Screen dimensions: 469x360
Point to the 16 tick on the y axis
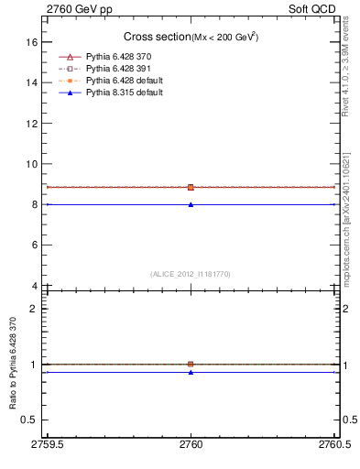point(31,42)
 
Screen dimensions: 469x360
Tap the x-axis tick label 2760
point(191,445)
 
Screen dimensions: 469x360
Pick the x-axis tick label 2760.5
point(333,445)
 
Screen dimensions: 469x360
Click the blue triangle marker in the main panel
point(191,204)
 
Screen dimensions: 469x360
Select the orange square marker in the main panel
point(191,187)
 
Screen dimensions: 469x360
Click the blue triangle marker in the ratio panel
point(191,372)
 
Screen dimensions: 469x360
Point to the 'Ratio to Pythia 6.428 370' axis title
point(14,364)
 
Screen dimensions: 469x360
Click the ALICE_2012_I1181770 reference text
point(191,273)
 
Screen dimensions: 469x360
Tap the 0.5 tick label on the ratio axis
point(29,420)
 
